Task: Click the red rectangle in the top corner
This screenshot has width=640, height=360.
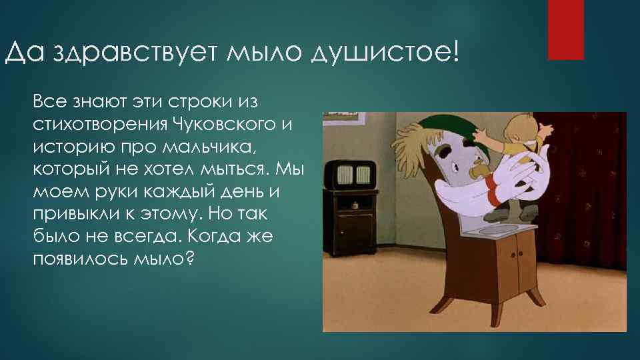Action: coord(565,29)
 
